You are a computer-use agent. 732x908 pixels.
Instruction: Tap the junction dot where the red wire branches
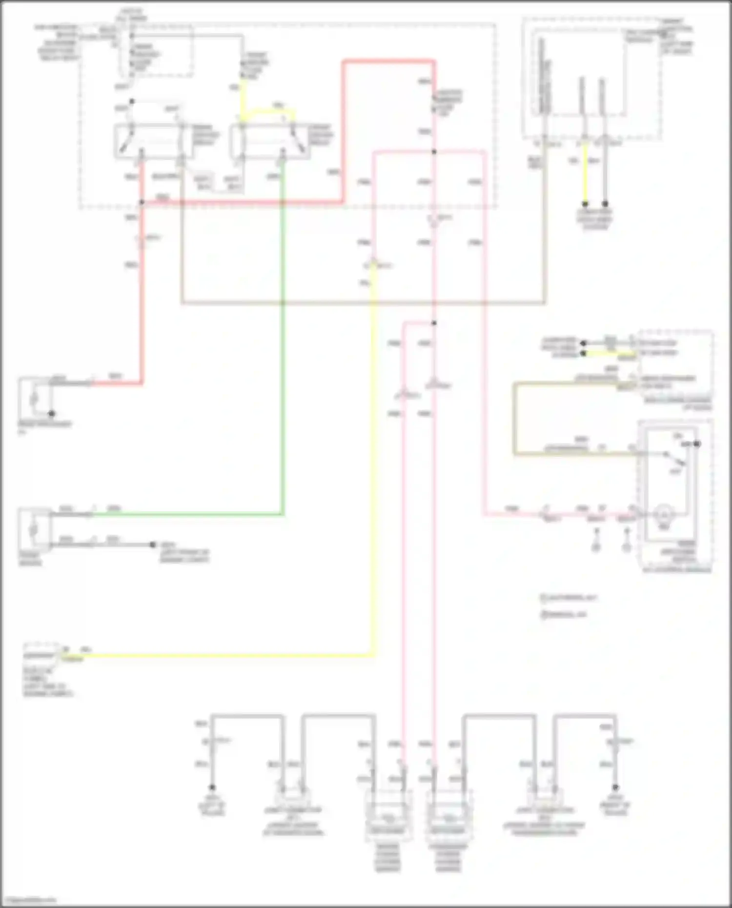(142, 202)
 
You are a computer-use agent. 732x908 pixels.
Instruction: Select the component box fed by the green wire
(35, 529)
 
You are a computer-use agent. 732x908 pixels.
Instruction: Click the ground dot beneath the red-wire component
(52, 414)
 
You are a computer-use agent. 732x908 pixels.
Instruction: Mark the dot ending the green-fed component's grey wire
(153, 545)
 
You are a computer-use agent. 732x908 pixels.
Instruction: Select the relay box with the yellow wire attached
(269, 141)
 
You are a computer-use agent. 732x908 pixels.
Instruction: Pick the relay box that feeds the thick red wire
(154, 141)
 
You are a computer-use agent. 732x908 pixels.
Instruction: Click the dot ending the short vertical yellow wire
(585, 203)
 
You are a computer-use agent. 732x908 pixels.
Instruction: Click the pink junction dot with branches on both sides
(434, 152)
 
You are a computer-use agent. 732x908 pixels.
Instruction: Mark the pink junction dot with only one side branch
(434, 323)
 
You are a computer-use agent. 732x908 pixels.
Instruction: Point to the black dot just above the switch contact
(697, 444)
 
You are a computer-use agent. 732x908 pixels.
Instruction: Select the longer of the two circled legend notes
(569, 598)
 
